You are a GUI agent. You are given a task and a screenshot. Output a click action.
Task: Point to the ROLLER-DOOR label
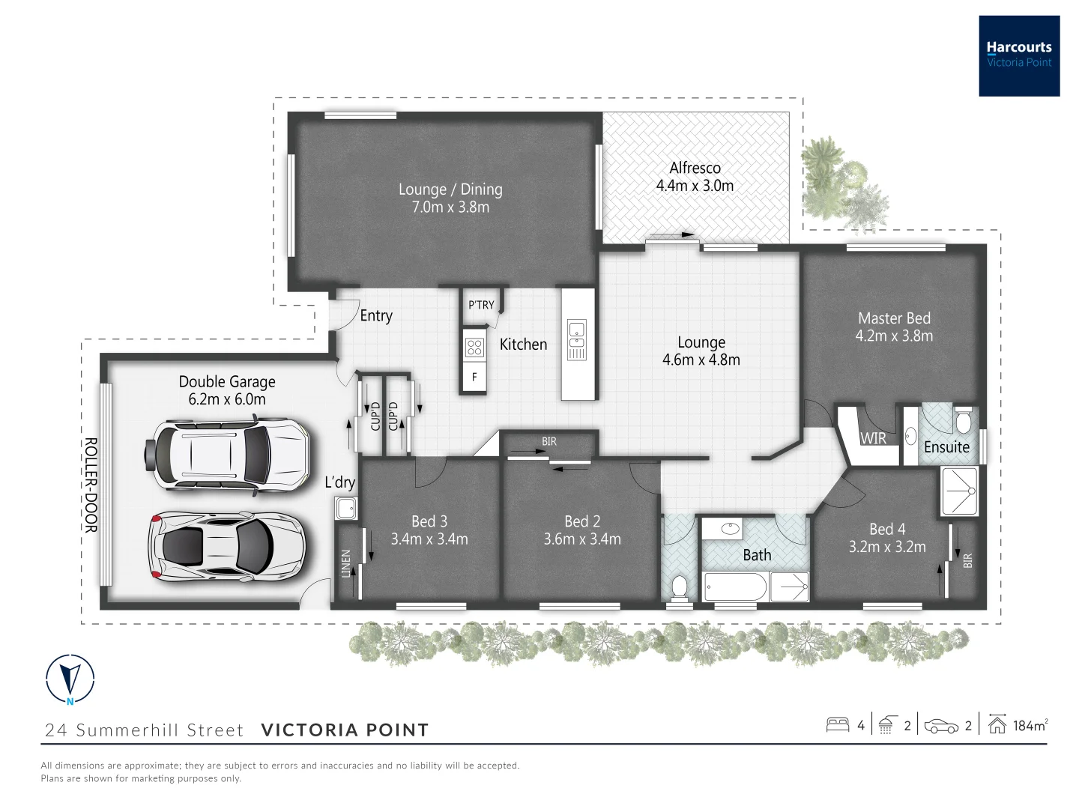pos(91,485)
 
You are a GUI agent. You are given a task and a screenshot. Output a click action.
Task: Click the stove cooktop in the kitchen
pos(474,346)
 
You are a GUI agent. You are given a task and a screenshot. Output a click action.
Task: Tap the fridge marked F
pos(474,378)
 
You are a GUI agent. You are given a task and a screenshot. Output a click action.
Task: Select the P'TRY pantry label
pos(481,305)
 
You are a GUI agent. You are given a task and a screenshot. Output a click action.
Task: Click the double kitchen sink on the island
pos(577,339)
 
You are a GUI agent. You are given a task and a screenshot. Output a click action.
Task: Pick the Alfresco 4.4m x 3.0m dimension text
pos(695,186)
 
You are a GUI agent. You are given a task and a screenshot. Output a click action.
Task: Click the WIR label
pos(873,438)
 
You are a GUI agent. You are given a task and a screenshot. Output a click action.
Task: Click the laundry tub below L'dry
pos(345,509)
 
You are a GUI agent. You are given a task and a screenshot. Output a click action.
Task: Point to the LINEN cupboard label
pos(345,564)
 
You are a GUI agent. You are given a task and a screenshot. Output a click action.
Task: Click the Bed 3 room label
pos(429,521)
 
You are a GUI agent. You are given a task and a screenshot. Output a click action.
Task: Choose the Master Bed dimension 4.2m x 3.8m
pos(894,336)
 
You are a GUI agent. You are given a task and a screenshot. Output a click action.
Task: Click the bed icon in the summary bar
pos(837,725)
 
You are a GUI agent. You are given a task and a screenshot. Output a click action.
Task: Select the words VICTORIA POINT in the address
pos(345,730)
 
